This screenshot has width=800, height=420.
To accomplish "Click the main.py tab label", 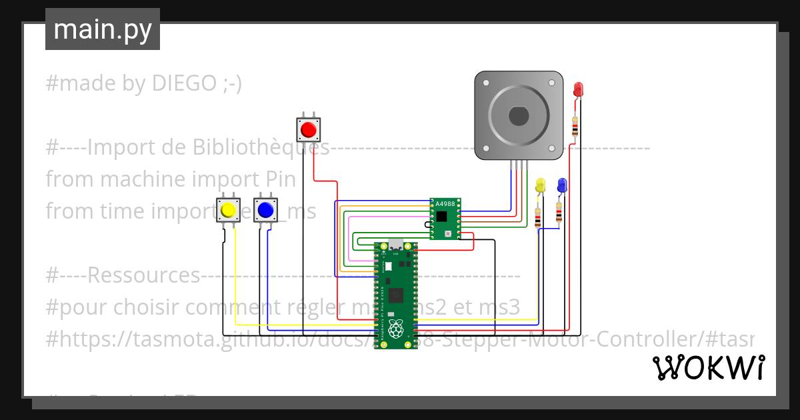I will pyautogui.click(x=102, y=29).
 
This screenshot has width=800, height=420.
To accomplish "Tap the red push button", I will pyautogui.click(x=308, y=128).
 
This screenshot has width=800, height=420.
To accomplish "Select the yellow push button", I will pyautogui.click(x=228, y=210).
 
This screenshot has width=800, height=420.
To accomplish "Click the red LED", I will pyautogui.click(x=577, y=89).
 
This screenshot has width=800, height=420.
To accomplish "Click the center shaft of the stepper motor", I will pyautogui.click(x=519, y=116).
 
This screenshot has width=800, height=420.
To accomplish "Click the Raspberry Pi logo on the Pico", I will pyautogui.click(x=396, y=328).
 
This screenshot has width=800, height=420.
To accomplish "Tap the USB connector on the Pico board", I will pyautogui.click(x=396, y=245).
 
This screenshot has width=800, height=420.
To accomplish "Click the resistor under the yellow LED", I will pyautogui.click(x=538, y=215).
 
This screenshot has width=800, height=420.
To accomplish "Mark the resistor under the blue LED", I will pyautogui.click(x=559, y=213).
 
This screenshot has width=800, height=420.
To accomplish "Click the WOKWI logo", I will pyautogui.click(x=708, y=367).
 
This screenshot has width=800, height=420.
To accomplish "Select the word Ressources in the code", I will pyautogui.click(x=143, y=275).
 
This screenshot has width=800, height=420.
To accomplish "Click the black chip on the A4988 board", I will pyautogui.click(x=441, y=216).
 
